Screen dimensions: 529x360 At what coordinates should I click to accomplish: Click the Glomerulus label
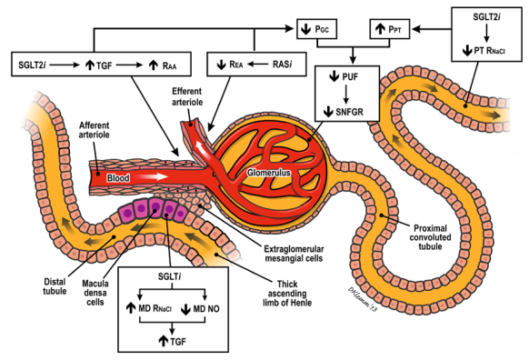point(269,173)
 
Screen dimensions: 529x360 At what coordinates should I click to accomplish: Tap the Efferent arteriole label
point(187,96)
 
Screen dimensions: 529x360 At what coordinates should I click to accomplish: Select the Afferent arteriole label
point(95,130)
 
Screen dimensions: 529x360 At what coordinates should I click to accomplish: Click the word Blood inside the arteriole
point(118,178)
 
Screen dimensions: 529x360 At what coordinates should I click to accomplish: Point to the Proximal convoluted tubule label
point(430,237)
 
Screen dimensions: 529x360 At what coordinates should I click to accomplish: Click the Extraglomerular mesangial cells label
point(294,254)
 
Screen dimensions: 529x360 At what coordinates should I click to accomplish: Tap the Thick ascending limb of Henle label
point(287,294)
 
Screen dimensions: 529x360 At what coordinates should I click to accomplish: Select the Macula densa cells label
point(95,292)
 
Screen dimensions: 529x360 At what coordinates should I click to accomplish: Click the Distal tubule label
point(55,286)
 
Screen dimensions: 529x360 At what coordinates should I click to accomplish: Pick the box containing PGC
point(317,29)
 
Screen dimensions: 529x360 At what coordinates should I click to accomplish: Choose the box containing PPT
point(390,29)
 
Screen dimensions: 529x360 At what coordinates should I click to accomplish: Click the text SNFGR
point(350,112)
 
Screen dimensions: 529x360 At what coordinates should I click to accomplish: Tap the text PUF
point(350,77)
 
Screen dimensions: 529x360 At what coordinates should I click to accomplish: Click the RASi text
point(283,65)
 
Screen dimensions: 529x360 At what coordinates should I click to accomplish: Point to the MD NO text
point(206,309)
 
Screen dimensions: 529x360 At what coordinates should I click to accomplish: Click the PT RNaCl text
point(490,51)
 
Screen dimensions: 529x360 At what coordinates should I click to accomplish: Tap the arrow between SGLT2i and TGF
point(65,65)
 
